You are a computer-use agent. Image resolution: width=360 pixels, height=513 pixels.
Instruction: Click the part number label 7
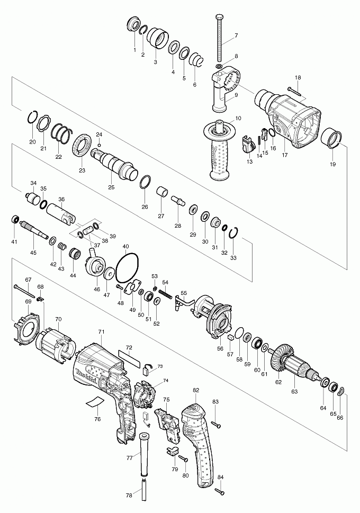[236, 35]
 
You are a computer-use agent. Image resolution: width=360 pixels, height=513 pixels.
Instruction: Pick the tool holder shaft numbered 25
[113, 161]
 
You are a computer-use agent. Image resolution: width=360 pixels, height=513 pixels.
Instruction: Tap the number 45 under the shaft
[33, 253]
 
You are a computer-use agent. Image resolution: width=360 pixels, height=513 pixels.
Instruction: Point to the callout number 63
[294, 391]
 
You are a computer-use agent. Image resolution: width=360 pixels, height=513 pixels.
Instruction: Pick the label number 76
[97, 419]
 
